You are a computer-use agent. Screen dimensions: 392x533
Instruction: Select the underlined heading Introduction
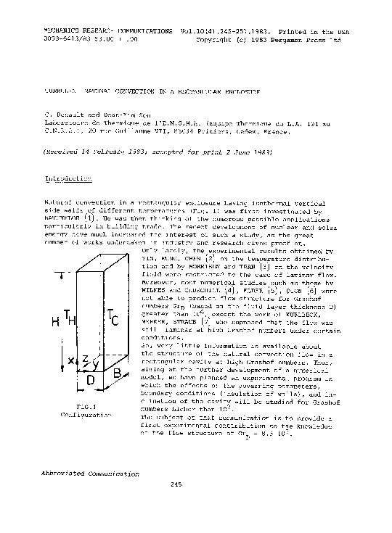pos(68,178)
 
